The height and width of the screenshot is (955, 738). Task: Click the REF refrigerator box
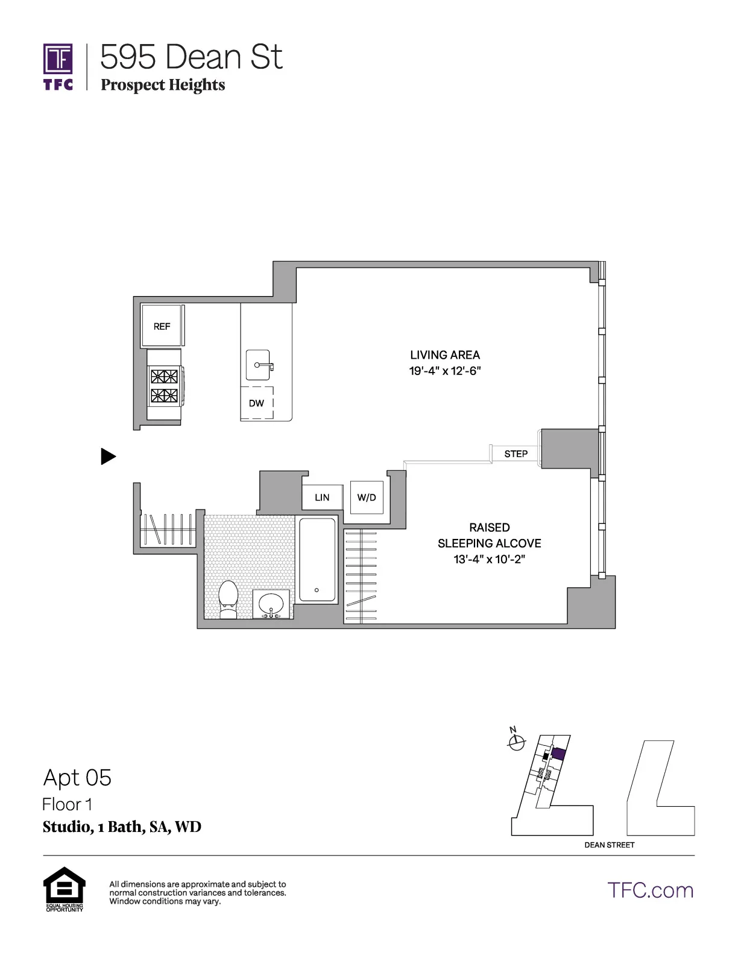(x=162, y=326)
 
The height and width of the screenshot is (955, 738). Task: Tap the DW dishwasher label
(x=256, y=403)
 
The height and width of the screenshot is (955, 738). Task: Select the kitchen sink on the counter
(x=259, y=365)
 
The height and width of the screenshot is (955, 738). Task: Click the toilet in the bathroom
(x=228, y=599)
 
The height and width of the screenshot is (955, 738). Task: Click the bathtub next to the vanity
(x=317, y=559)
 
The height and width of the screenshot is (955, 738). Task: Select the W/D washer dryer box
(x=367, y=497)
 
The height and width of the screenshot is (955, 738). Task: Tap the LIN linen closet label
(x=322, y=497)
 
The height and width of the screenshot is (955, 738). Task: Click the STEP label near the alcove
(x=516, y=454)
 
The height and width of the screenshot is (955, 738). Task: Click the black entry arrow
(x=107, y=456)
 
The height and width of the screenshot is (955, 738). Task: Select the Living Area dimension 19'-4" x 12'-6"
(x=445, y=371)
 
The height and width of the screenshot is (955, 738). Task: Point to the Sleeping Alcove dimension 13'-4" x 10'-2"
(x=489, y=559)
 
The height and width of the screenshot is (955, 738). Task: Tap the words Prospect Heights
(x=163, y=85)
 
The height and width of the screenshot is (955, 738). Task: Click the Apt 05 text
(x=77, y=778)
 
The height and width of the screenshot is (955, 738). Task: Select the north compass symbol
(x=516, y=743)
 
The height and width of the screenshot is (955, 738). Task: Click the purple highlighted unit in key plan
(x=558, y=754)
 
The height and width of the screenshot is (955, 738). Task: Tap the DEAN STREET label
(x=609, y=845)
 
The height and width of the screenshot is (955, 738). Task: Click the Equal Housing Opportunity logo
(x=65, y=888)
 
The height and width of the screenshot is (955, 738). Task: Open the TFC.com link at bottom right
(x=650, y=890)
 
